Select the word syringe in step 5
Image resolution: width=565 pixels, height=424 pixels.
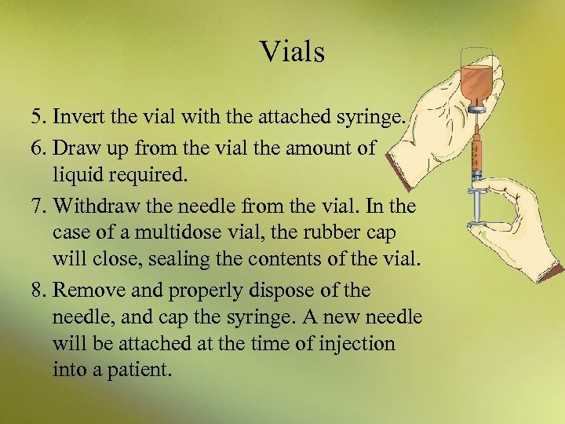(x=373, y=119)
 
